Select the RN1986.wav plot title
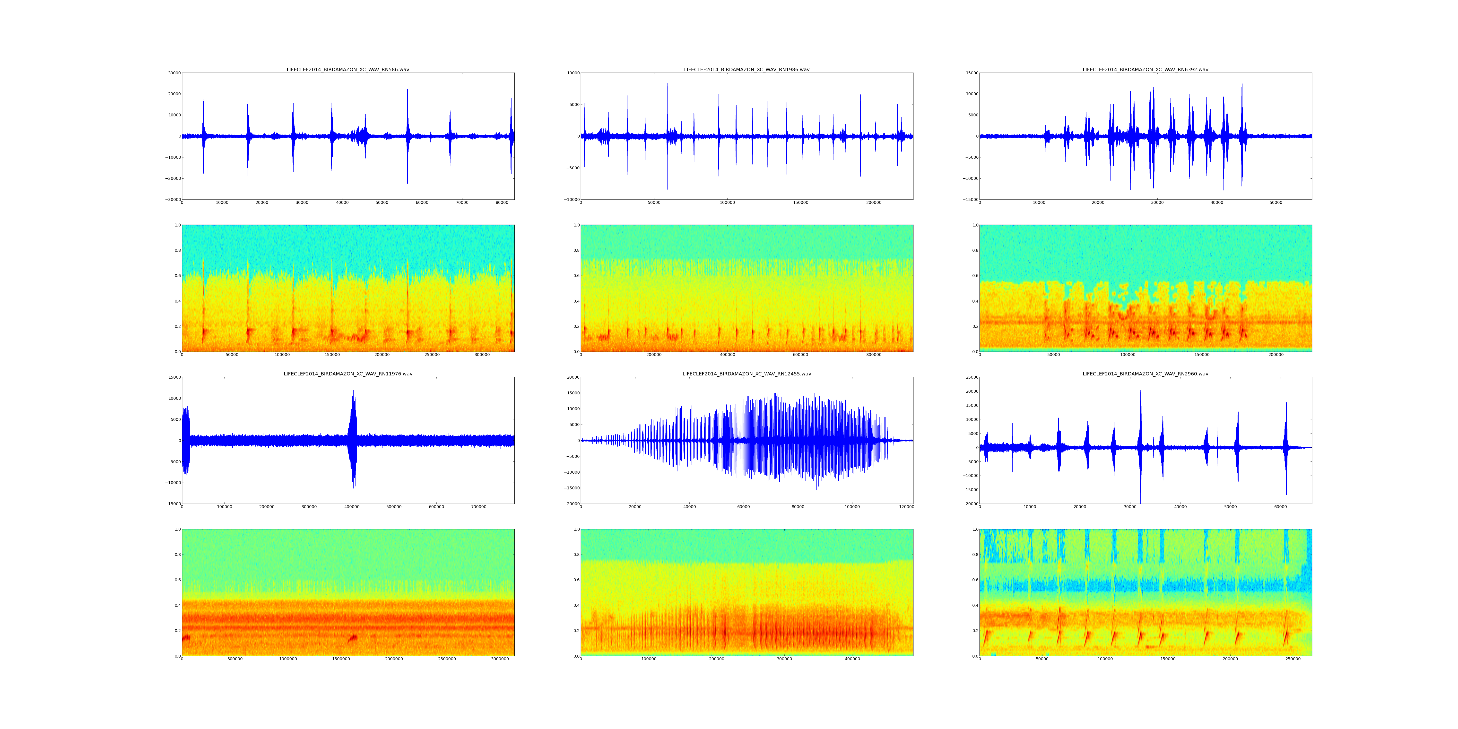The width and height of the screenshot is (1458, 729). tap(746, 69)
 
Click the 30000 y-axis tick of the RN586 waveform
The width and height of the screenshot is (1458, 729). tap(173, 73)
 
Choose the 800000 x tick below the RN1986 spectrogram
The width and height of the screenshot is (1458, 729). tap(874, 355)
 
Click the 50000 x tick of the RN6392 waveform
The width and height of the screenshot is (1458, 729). tap(1276, 203)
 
